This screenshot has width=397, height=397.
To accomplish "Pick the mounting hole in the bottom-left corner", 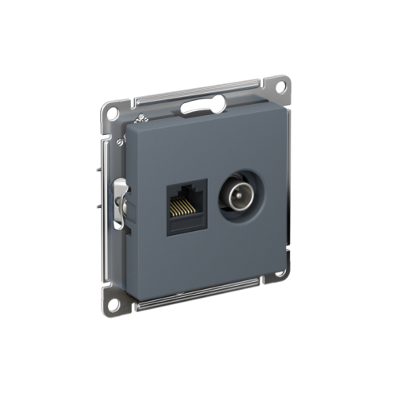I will point(116,303).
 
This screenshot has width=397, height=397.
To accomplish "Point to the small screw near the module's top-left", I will point(141,119).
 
